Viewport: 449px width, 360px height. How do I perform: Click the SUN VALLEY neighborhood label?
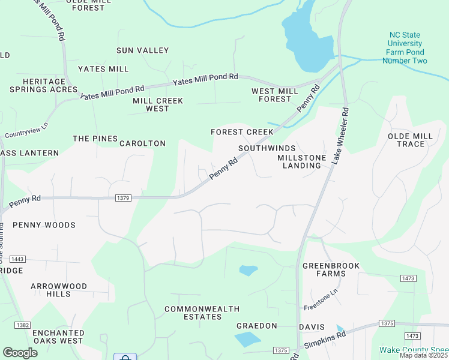[143, 50]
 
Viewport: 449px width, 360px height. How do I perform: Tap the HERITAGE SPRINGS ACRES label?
[44, 85]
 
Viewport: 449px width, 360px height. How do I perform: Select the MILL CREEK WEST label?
[158, 105]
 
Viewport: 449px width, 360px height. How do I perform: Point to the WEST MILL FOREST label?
[275, 95]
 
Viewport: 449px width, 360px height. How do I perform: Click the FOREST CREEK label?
[242, 132]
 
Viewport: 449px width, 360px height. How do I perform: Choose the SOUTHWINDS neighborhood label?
[267, 148]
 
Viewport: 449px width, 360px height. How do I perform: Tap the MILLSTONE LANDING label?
[302, 161]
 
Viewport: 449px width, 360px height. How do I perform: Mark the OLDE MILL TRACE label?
[411, 140]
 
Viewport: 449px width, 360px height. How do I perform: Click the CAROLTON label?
[142, 143]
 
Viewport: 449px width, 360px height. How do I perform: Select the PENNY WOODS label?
[44, 225]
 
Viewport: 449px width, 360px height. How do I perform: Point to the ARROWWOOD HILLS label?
[59, 290]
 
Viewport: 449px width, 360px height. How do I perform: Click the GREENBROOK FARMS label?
[324, 269]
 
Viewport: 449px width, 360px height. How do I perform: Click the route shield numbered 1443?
[17, 259]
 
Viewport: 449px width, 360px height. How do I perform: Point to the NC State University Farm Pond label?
[407, 47]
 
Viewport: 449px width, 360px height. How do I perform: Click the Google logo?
[20, 353]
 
